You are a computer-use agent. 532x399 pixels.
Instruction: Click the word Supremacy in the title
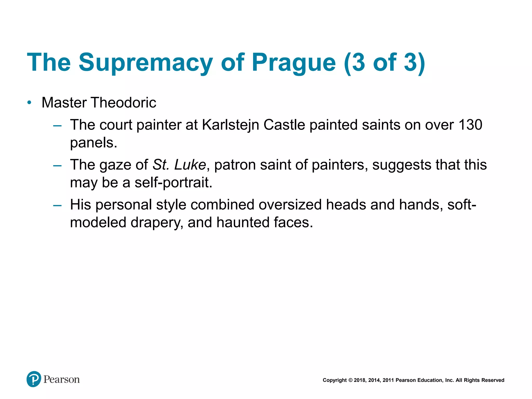(x=145, y=63)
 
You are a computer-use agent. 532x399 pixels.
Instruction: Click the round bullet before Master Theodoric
(x=29, y=103)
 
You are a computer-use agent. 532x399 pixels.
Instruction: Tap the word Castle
(x=284, y=125)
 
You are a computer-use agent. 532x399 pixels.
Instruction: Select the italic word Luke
(x=190, y=165)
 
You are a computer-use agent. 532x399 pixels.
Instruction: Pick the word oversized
(x=290, y=205)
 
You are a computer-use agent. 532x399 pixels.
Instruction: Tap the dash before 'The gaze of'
(x=57, y=165)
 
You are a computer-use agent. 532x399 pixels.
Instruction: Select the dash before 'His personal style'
(x=57, y=205)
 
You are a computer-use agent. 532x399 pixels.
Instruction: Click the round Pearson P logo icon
(x=34, y=379)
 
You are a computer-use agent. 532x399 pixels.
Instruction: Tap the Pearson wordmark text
(x=62, y=380)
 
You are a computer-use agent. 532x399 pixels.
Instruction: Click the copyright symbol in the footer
(x=350, y=380)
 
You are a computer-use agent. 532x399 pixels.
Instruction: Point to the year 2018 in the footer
(x=360, y=380)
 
